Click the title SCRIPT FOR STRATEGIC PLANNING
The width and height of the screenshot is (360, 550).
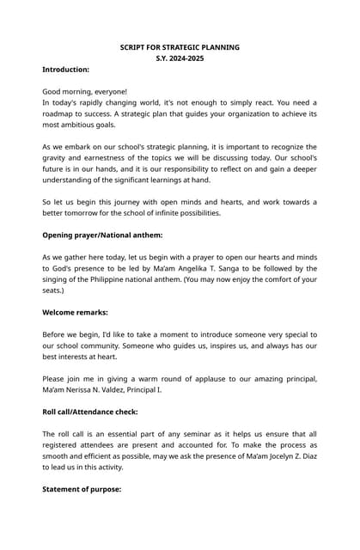[180, 47]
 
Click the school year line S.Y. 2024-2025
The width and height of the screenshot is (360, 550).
[180, 58]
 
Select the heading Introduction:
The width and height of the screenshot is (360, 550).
[66, 69]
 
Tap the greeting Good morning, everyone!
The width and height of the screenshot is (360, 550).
[85, 91]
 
